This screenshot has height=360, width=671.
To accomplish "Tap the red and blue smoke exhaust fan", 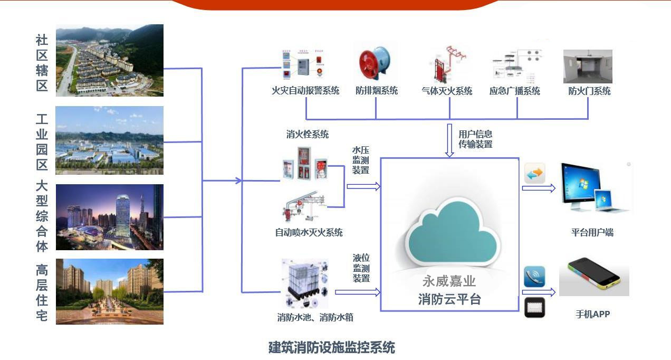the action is (375, 63).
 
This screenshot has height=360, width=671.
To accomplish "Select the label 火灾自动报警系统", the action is (305, 90).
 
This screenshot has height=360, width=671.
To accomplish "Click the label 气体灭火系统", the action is (447, 91).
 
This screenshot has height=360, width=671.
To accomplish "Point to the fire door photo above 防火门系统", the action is (588, 66).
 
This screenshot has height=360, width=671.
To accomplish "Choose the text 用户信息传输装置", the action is (475, 139).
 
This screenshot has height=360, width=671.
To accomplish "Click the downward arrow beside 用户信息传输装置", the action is (449, 140).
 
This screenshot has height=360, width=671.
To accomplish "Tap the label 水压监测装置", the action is (361, 160).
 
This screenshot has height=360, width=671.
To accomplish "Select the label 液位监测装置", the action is (361, 268).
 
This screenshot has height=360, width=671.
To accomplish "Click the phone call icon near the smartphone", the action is (534, 277).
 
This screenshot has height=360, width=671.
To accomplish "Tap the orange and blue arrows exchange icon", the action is (535, 173).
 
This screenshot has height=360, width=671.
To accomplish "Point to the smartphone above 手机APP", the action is (594, 277).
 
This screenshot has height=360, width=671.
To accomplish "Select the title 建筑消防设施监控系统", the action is (332, 348).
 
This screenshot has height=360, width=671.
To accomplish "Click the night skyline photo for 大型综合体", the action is (110, 217).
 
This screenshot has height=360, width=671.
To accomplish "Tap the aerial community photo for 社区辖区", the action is (110, 60).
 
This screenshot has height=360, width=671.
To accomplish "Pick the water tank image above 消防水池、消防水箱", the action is (305, 284).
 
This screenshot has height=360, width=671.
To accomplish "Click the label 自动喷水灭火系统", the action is (309, 232).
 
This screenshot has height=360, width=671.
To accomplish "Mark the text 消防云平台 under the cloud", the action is (449, 299).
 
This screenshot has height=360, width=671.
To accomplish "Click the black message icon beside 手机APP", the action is (535, 307).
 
